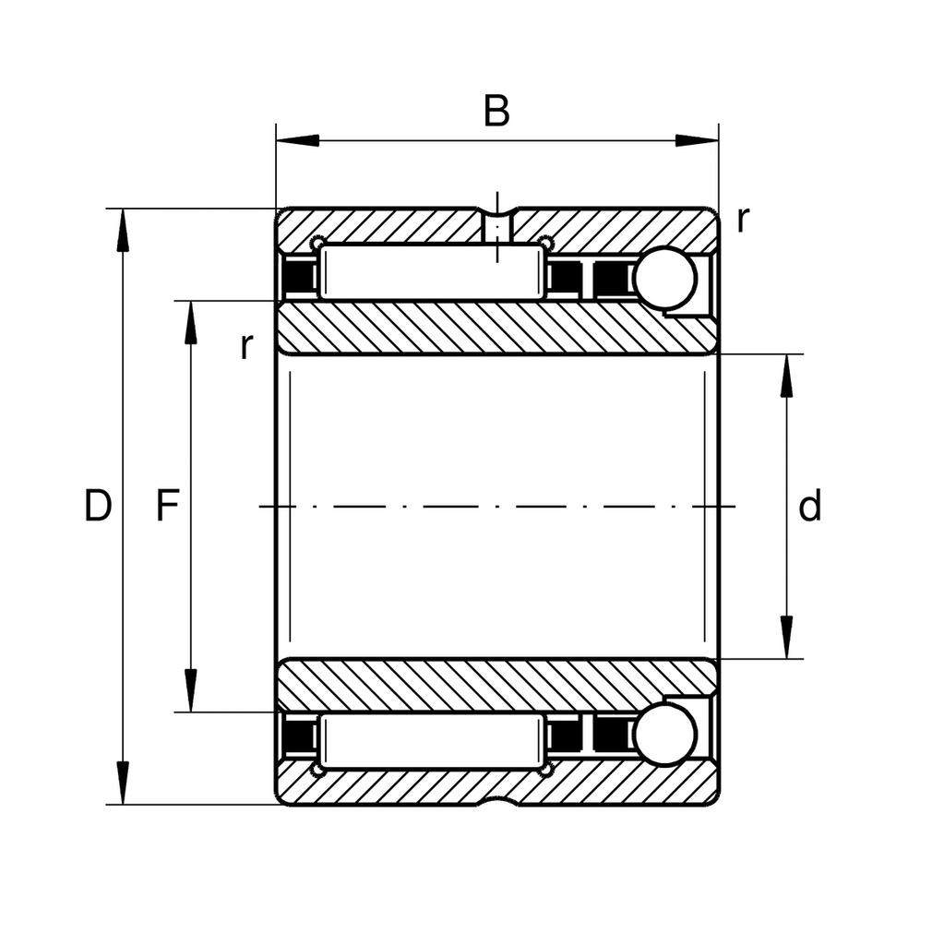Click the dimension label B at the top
click(496, 111)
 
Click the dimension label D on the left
click(98, 507)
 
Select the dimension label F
click(166, 507)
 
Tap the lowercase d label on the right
click(809, 507)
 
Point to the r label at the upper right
click(742, 220)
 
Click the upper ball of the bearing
click(664, 278)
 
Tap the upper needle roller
click(431, 271)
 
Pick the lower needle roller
click(431, 742)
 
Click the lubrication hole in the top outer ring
click(498, 226)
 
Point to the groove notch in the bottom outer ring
click(498, 799)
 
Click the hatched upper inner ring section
click(498, 328)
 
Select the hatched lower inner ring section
click(498, 686)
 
